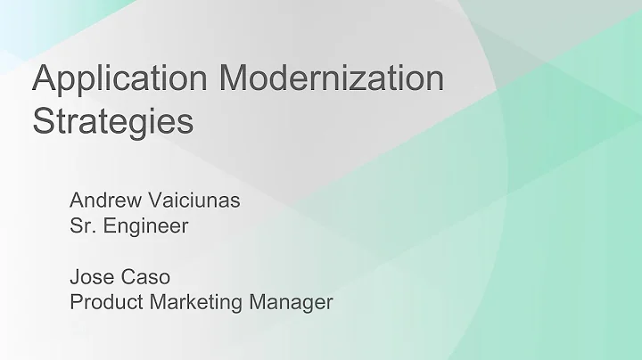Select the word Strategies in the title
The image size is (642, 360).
pyautogui.click(x=112, y=121)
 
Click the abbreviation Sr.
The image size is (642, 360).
pyautogui.click(x=83, y=225)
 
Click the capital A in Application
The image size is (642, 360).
pyautogui.click(x=45, y=78)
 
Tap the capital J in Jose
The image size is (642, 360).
pyautogui.click(x=75, y=276)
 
